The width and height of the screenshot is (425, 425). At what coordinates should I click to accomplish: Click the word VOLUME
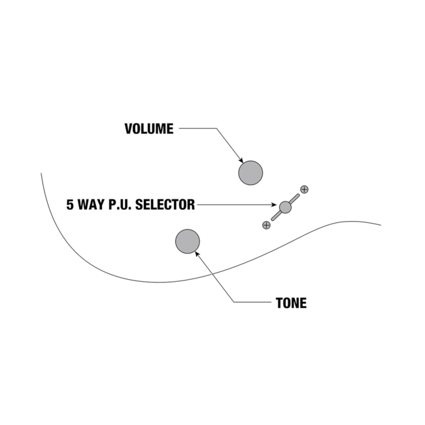click(149, 129)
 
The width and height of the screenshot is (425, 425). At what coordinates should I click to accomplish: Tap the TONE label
click(291, 303)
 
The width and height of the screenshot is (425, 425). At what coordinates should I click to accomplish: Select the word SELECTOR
click(165, 205)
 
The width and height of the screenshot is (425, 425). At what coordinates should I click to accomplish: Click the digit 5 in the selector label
click(70, 205)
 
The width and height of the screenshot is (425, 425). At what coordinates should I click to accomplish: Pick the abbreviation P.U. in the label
click(120, 205)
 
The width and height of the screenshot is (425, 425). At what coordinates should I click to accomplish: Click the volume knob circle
click(250, 173)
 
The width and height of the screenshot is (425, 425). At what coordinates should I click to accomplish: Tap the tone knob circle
click(188, 241)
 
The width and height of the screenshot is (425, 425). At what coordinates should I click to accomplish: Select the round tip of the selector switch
click(285, 207)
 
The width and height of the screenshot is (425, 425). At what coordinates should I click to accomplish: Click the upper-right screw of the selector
click(305, 190)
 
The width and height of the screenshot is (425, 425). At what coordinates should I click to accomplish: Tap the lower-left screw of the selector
click(266, 225)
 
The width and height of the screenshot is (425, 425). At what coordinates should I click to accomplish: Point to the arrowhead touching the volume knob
click(241, 161)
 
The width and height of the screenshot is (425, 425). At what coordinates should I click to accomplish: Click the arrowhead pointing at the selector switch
click(274, 205)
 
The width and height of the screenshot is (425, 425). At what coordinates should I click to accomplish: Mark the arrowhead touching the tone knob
click(197, 254)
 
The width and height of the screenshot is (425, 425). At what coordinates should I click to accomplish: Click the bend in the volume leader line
click(216, 128)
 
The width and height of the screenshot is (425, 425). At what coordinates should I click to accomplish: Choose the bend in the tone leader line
click(233, 302)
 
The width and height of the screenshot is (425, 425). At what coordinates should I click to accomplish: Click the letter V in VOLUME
click(128, 129)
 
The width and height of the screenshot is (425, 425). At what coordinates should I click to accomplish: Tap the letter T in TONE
click(279, 303)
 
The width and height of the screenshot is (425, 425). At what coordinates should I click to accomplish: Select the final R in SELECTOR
click(192, 205)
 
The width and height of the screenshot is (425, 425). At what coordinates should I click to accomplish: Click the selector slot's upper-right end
click(298, 195)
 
